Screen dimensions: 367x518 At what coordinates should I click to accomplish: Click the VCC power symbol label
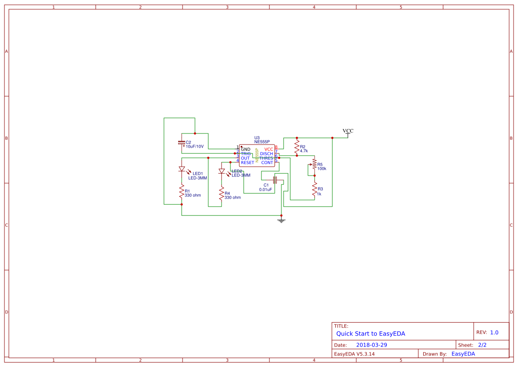[348, 131]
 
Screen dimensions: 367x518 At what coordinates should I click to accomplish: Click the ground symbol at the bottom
[281, 220]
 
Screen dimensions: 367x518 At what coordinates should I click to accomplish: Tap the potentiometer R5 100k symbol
[314, 164]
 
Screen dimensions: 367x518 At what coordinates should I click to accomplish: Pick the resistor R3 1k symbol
[315, 189]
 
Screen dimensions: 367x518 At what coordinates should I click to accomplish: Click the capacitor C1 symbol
[275, 180]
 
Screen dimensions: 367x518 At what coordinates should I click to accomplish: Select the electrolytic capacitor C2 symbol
[181, 143]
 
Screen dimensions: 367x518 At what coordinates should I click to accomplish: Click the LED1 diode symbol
[182, 169]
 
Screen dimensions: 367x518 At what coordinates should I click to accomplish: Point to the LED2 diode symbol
[222, 171]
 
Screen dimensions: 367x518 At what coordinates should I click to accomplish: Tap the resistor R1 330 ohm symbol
[182, 191]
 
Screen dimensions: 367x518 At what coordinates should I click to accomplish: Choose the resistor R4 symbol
[222, 193]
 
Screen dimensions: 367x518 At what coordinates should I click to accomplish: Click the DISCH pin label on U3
[266, 154]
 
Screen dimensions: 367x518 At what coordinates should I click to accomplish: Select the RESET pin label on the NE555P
[247, 163]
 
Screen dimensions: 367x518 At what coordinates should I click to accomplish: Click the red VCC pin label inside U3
[269, 149]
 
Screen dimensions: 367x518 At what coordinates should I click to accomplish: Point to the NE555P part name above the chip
[262, 142]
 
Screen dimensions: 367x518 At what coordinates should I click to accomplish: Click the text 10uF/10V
[195, 146]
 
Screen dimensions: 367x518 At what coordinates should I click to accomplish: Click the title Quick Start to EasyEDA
[370, 334]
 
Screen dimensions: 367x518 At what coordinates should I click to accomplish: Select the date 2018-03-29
[371, 345]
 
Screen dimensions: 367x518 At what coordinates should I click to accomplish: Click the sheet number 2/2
[482, 345]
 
